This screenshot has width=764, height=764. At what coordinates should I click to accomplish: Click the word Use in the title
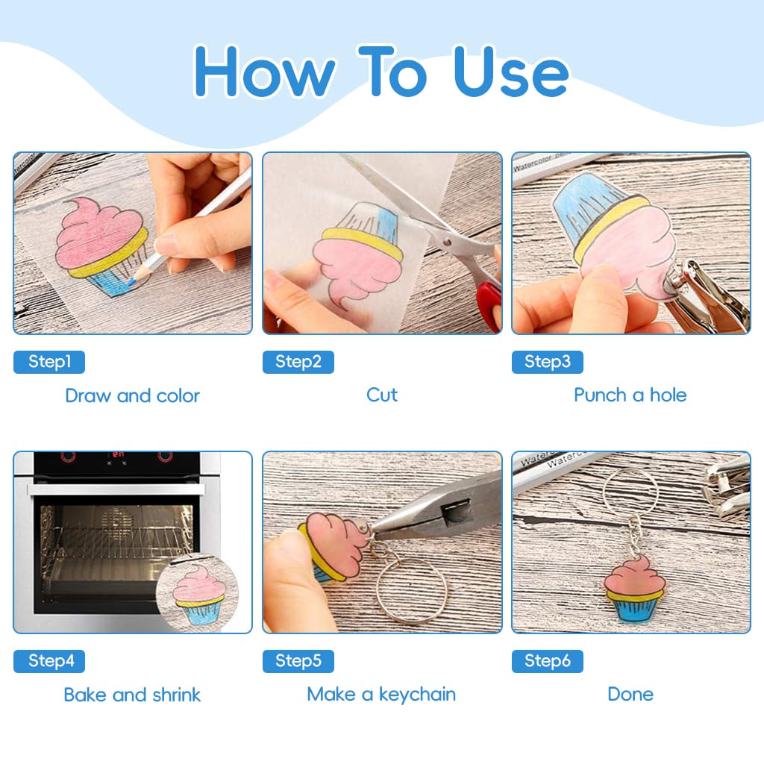[x=511, y=71]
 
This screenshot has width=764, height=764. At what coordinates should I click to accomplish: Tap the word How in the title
[x=265, y=72]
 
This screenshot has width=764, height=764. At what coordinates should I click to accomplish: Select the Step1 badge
[x=49, y=362]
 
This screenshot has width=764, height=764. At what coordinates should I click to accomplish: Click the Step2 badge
[x=298, y=362]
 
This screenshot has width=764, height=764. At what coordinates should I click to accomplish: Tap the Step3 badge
[x=547, y=362]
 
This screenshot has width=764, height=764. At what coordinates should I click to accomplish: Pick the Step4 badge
[x=49, y=661]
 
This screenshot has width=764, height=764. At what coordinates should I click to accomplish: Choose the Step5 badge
[x=298, y=661]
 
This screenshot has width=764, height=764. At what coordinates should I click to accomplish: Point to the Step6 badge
[x=547, y=661]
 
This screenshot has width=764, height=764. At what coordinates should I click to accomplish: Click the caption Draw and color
[x=133, y=395]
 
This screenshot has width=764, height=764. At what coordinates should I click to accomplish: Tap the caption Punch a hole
[x=630, y=395]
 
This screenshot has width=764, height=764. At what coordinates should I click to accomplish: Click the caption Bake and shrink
[x=132, y=695]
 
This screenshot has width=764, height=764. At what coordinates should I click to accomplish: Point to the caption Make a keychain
[x=381, y=695]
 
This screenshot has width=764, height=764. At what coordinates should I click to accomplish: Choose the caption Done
[x=630, y=695]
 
